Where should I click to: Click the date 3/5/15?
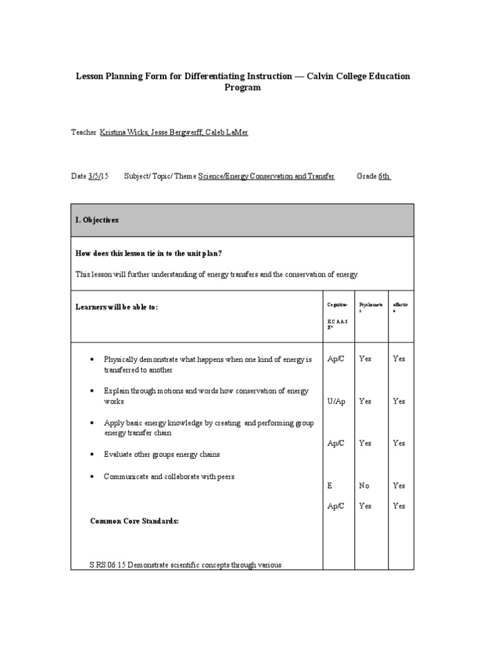(98, 177)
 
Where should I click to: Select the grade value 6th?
(384, 177)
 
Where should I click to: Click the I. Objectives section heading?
(97, 220)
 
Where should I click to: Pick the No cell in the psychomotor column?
(364, 485)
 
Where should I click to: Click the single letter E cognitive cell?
(330, 485)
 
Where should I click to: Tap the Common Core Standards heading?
(135, 521)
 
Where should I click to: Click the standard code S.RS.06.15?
(108, 564)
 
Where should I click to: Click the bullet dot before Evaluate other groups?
(92, 455)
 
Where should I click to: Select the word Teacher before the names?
(84, 132)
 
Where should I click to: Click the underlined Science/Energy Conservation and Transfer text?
(266, 177)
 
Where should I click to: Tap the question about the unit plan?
(149, 254)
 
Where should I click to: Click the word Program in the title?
(242, 88)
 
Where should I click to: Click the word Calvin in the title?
(324, 76)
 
